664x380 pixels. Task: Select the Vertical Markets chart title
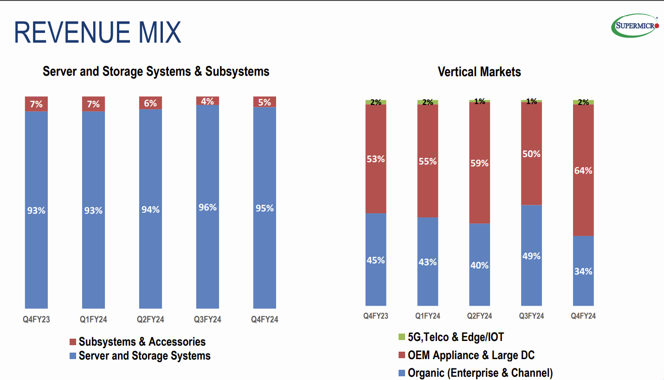(x=479, y=72)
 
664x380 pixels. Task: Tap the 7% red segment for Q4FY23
(x=36, y=104)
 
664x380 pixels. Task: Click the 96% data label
(x=207, y=207)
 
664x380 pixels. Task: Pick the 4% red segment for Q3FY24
(x=207, y=101)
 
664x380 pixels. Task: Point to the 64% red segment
(x=583, y=170)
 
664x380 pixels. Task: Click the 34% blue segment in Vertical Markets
(x=583, y=271)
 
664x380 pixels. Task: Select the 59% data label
(x=479, y=163)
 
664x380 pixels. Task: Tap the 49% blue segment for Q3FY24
(x=531, y=256)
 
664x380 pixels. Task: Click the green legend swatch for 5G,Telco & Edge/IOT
(x=402, y=337)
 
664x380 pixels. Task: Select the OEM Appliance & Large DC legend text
(x=471, y=355)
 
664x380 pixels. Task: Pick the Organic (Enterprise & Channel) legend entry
(x=480, y=373)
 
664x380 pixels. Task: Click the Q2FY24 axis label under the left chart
(x=150, y=320)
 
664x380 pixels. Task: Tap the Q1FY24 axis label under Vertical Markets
(x=427, y=316)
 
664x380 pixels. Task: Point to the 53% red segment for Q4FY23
(x=376, y=159)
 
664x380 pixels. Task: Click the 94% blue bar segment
(x=150, y=209)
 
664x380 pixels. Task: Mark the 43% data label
(x=427, y=262)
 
